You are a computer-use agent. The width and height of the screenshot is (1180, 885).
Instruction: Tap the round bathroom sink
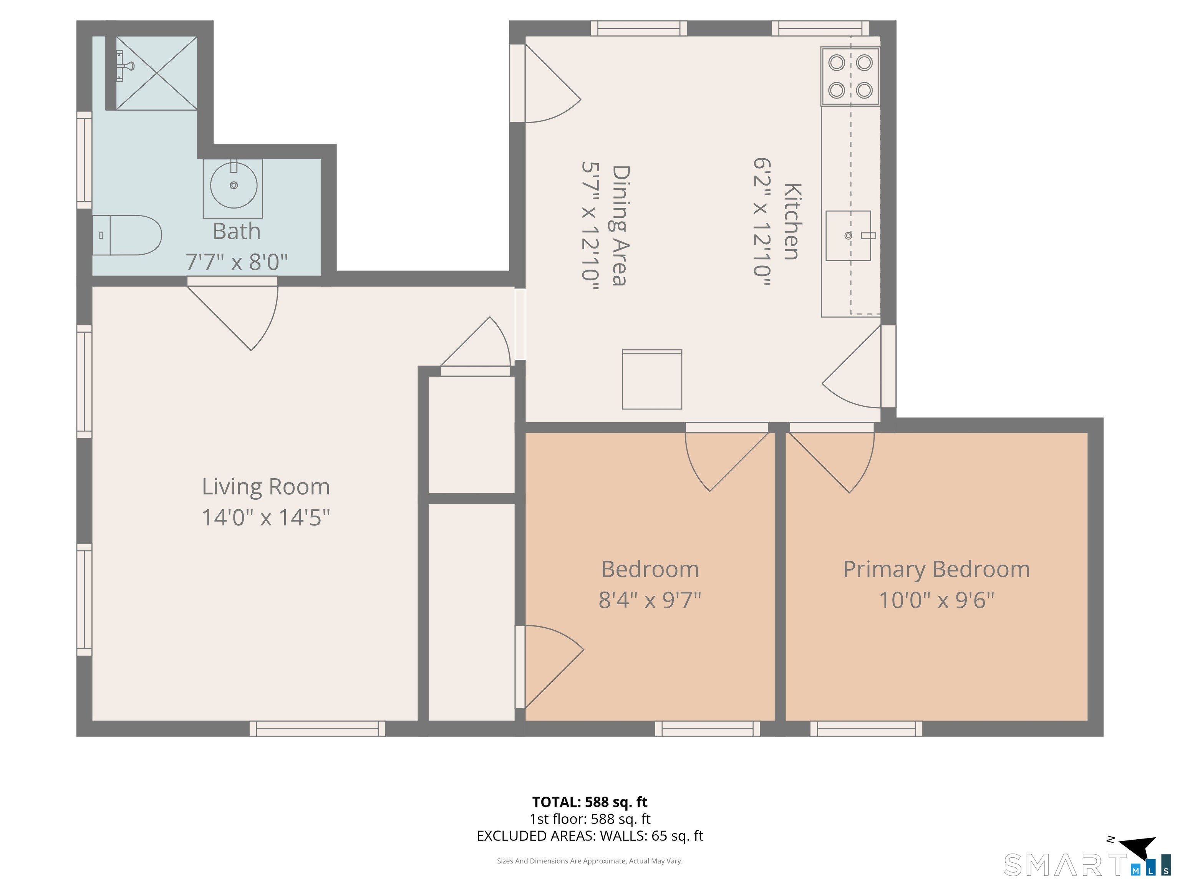(234, 186)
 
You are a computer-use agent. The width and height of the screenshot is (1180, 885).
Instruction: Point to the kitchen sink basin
(848, 235)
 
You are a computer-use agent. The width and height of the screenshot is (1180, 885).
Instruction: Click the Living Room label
(266, 487)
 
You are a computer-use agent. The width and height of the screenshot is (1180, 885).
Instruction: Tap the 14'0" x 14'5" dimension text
(266, 517)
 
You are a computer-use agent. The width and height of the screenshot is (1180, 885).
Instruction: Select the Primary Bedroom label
(936, 569)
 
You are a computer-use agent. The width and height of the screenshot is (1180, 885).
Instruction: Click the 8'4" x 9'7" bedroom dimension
(650, 600)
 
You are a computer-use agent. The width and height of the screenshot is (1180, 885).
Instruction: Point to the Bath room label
(236, 231)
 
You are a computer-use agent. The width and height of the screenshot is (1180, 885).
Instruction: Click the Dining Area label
(620, 225)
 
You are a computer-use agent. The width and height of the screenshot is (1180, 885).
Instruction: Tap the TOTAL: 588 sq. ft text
(590, 802)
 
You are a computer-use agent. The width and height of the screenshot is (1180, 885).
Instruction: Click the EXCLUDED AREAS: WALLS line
(590, 835)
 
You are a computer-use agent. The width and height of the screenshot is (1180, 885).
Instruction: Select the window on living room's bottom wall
(317, 728)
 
